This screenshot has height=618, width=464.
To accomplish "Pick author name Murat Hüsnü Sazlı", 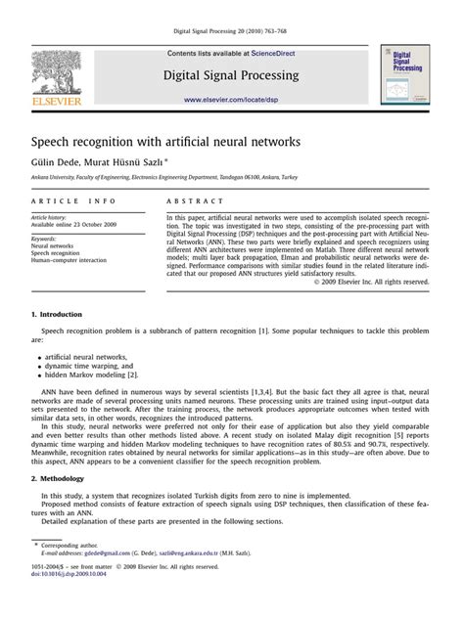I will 128,161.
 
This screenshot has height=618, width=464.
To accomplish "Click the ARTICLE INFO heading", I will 69,200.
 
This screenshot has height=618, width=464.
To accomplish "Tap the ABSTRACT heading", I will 191,200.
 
